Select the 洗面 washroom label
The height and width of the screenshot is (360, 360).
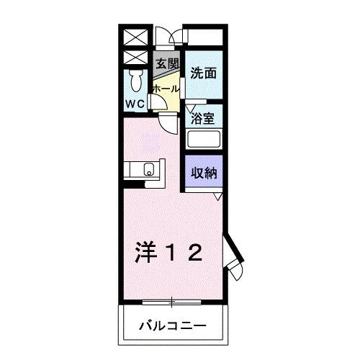click(204, 73)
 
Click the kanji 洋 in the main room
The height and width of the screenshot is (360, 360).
click(146, 252)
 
